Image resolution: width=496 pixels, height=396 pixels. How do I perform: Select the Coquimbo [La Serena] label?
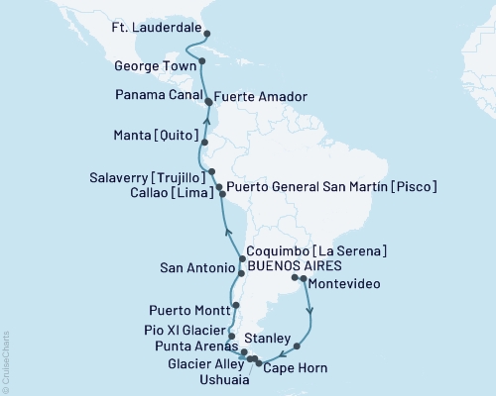[x=316, y=251]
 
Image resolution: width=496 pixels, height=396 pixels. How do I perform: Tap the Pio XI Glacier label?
[x=183, y=328]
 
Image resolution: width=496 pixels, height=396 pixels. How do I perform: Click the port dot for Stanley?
[x=297, y=346]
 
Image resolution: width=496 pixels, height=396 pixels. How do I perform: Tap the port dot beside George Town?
[x=202, y=61]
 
